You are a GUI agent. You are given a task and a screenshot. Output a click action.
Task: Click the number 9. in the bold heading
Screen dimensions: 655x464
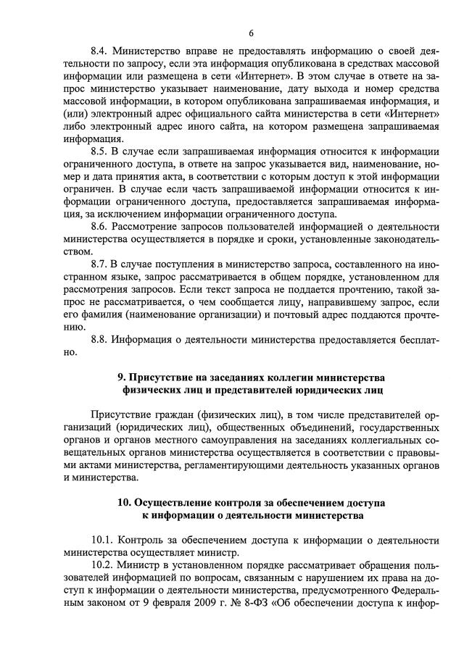[x=122, y=378]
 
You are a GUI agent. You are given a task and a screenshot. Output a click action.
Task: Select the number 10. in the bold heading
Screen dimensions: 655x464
[x=125, y=502]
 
